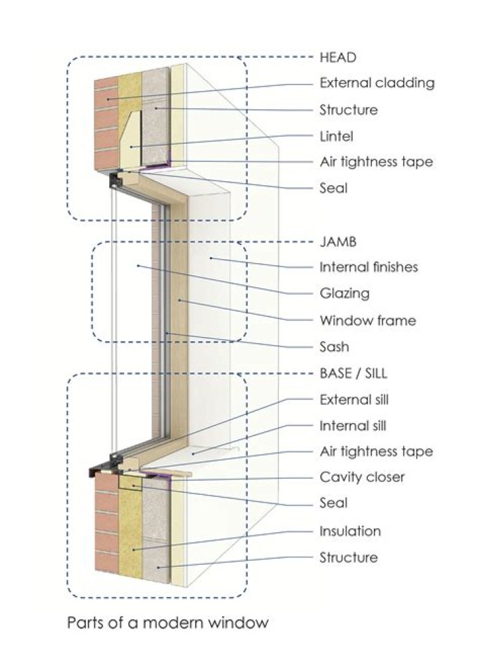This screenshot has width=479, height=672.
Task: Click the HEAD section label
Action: (x=338, y=57)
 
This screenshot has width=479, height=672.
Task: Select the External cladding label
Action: (x=377, y=83)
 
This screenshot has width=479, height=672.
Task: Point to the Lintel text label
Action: (x=336, y=136)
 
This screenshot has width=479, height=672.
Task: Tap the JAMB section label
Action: (x=338, y=241)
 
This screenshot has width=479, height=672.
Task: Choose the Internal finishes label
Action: (x=369, y=267)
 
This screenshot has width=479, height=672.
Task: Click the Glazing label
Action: (x=344, y=293)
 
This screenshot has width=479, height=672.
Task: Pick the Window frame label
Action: (x=367, y=320)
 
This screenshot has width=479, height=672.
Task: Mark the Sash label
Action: (x=334, y=347)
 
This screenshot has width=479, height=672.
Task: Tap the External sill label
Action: (x=354, y=400)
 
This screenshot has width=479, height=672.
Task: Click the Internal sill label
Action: (x=353, y=426)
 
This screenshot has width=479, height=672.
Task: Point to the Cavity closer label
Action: (x=362, y=478)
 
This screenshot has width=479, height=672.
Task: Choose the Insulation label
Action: (x=350, y=531)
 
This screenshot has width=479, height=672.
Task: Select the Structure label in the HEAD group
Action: (x=348, y=110)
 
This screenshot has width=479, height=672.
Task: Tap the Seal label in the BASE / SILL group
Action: (x=333, y=504)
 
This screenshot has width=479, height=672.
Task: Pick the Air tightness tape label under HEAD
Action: (x=376, y=162)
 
